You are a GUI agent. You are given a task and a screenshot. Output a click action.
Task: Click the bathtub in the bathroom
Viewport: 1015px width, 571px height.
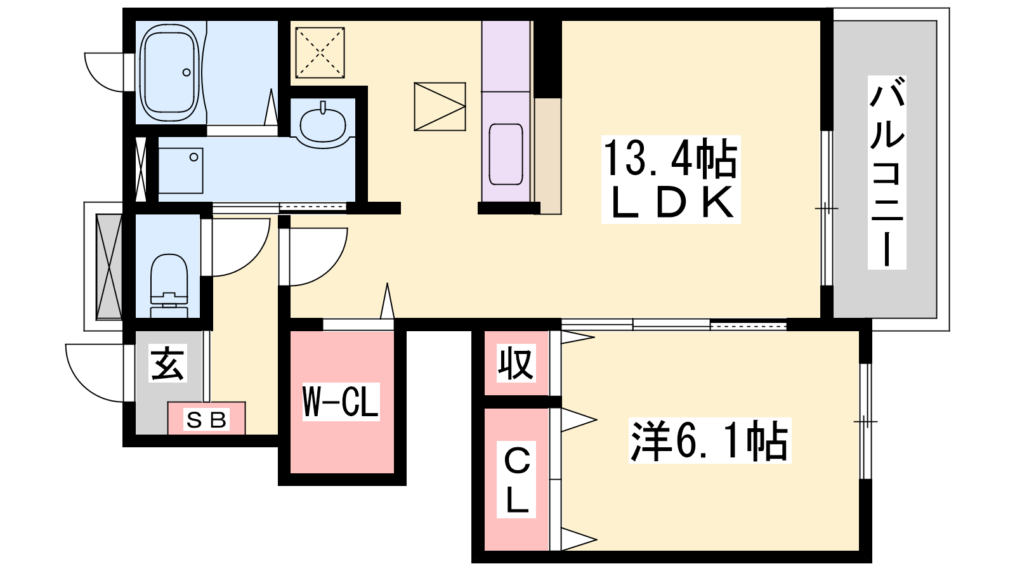(x=169, y=72)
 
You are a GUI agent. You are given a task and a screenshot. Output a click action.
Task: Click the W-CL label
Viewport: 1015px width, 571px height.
(x=341, y=402)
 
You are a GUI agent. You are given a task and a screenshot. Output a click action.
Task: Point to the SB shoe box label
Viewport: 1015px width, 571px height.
(x=206, y=419)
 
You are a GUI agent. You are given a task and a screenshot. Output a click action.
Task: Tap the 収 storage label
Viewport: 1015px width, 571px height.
(x=515, y=363)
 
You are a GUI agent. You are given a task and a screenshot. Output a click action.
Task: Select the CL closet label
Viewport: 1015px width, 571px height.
(x=516, y=480)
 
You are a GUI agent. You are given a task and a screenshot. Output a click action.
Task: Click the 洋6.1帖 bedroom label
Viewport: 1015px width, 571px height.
(x=709, y=441)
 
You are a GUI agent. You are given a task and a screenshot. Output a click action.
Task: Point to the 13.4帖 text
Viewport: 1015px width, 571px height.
(x=670, y=159)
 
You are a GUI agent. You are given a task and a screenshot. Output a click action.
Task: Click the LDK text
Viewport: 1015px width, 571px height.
(x=671, y=202)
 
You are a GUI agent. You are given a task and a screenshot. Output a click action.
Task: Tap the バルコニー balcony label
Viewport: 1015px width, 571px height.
(x=886, y=172)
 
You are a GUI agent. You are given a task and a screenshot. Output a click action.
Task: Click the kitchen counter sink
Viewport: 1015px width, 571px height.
(x=506, y=154)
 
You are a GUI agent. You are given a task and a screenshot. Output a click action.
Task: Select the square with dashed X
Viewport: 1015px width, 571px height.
(x=320, y=53)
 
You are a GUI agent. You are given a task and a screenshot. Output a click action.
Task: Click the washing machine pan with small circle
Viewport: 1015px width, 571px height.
(x=180, y=170)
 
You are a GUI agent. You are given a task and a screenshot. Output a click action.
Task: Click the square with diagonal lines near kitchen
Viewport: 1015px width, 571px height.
(x=440, y=107)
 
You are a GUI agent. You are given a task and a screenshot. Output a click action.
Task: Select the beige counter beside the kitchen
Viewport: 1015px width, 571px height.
(x=547, y=155)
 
